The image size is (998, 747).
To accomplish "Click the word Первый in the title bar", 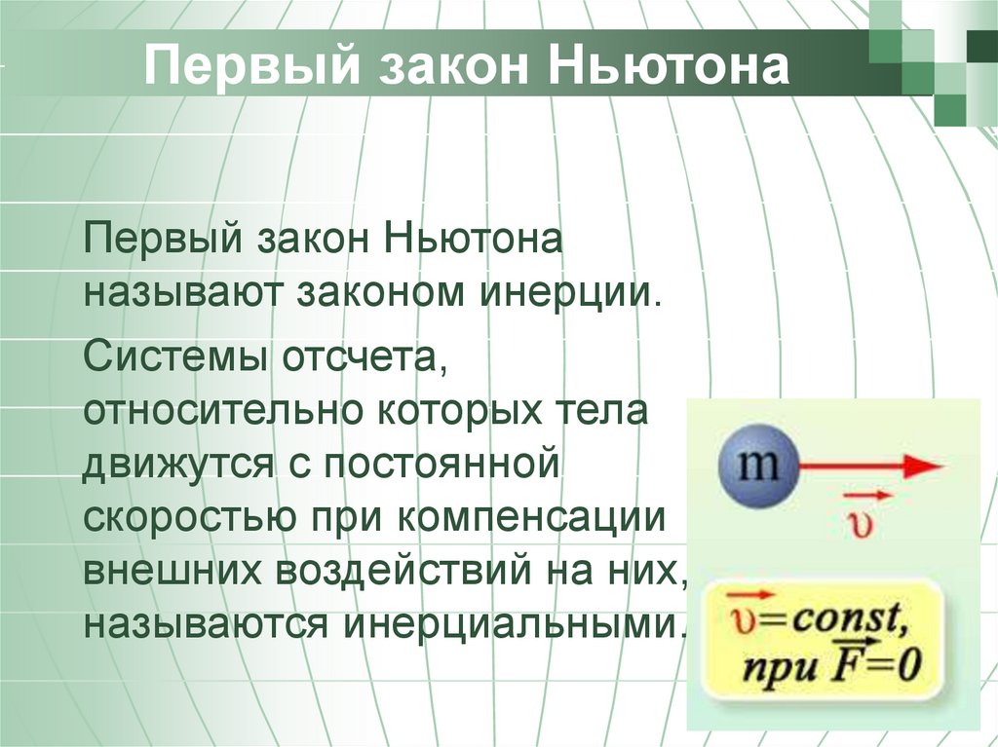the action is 252,66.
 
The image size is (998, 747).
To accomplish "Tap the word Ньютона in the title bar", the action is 669,65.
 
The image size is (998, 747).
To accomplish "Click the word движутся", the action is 179,466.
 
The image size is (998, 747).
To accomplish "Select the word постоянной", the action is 441,465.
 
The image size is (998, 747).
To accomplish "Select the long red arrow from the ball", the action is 870,467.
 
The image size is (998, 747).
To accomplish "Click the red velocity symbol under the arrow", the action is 864,517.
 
